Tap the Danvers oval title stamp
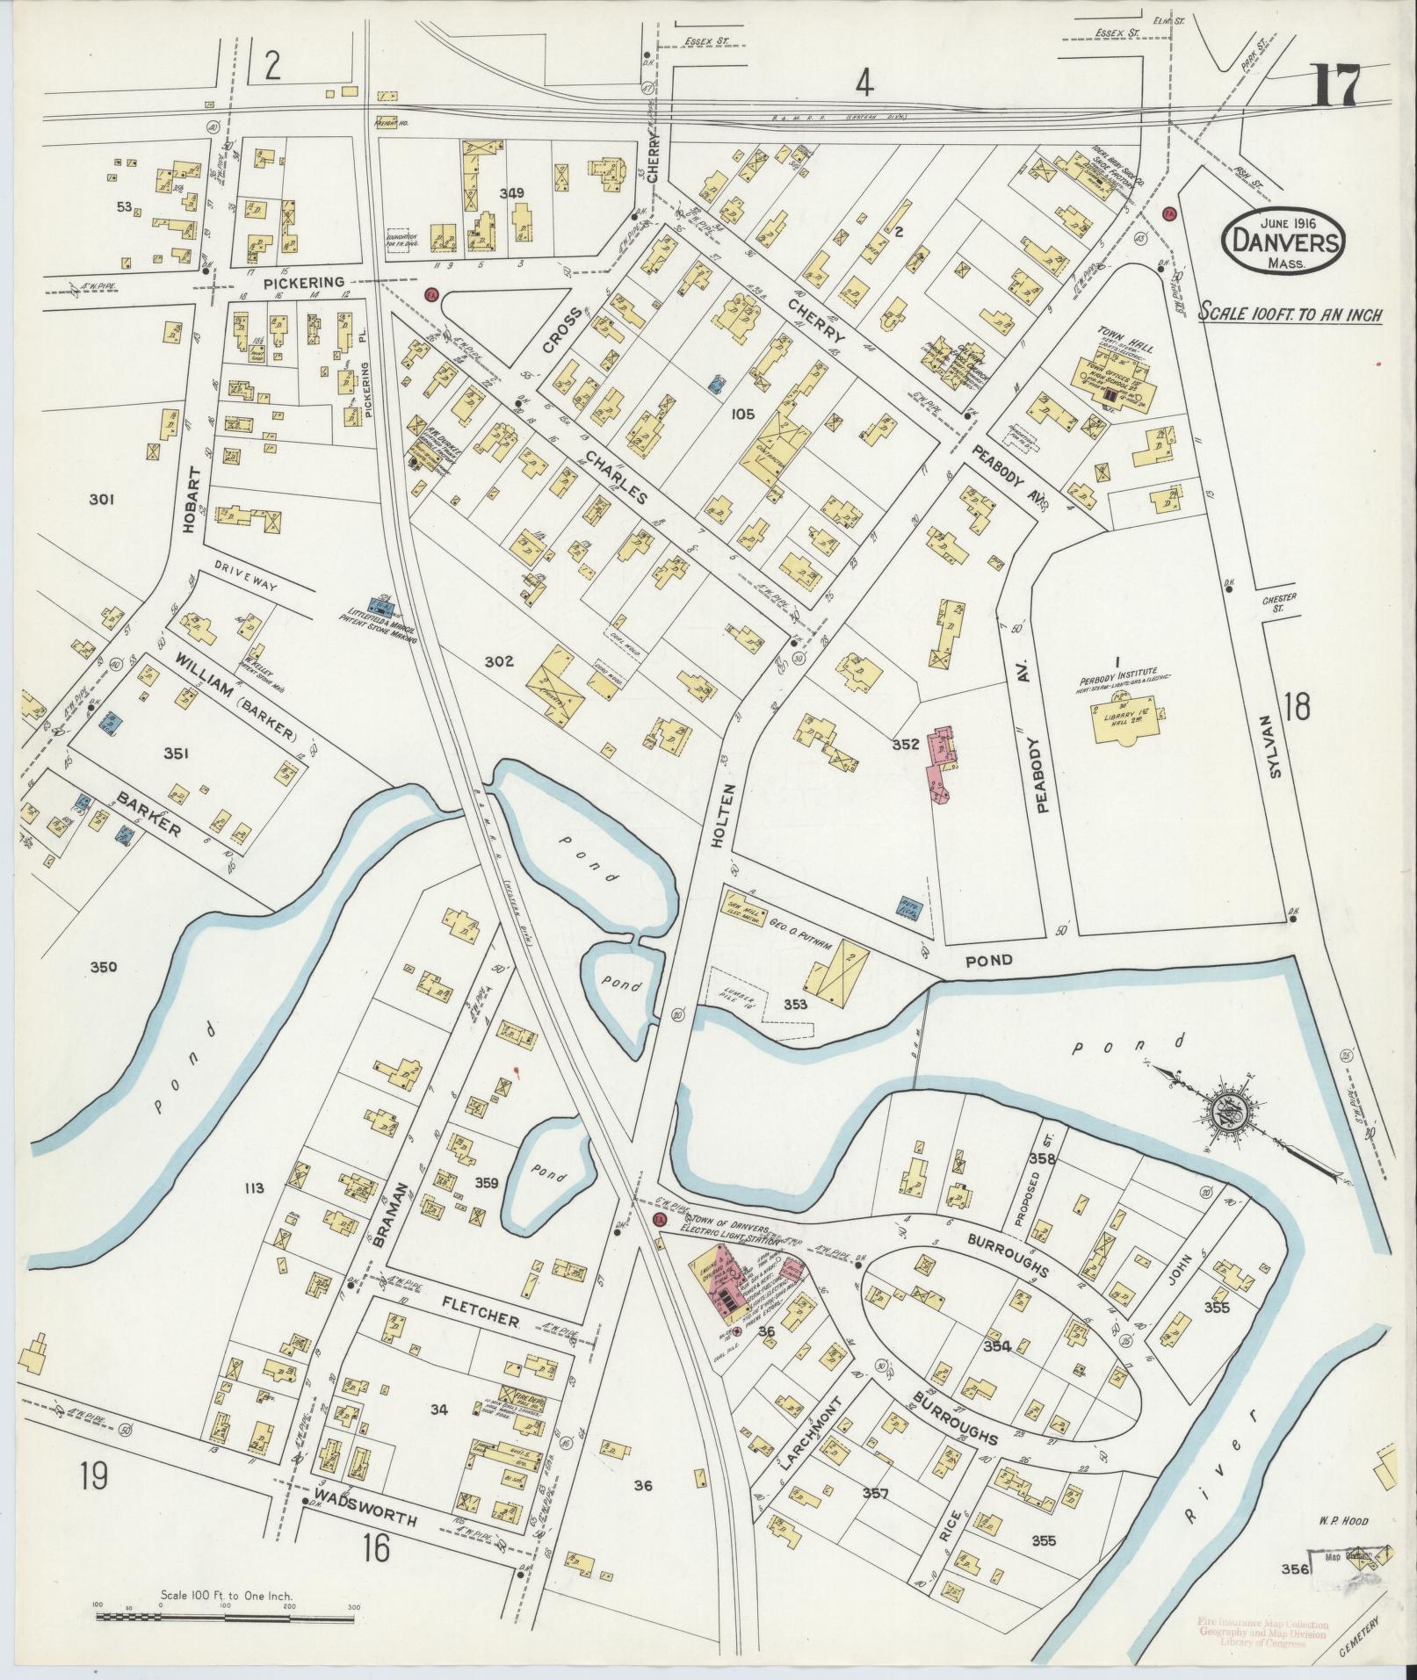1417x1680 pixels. click(x=1283, y=237)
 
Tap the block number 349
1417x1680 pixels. click(x=512, y=193)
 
